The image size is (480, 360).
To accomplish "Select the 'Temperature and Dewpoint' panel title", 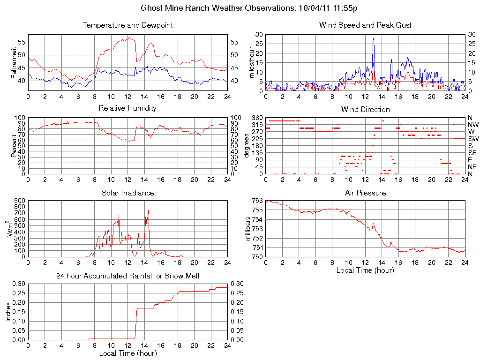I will coord(127,25).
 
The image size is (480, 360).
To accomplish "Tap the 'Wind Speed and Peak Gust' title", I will coord(365,25).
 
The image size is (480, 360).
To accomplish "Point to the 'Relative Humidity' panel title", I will coord(127,108).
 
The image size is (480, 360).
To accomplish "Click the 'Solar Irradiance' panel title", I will coord(127,193).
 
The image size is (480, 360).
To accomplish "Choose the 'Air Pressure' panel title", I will coord(365,193).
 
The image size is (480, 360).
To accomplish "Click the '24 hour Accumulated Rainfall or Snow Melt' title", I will coord(127,276).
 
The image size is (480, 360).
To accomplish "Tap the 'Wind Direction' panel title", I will coord(365,109).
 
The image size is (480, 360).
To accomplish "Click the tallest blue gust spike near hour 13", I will coord(374,39).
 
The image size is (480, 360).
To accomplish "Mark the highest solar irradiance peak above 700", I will coord(149,211).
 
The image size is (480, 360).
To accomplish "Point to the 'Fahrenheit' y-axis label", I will coord(14,62).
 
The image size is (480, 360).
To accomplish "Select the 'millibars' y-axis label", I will coord(249,229).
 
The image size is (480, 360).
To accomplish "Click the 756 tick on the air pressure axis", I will coord(257,201).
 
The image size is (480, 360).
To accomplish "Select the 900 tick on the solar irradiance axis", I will coord(19,201).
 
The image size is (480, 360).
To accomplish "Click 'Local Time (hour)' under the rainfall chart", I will coord(127,353).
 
